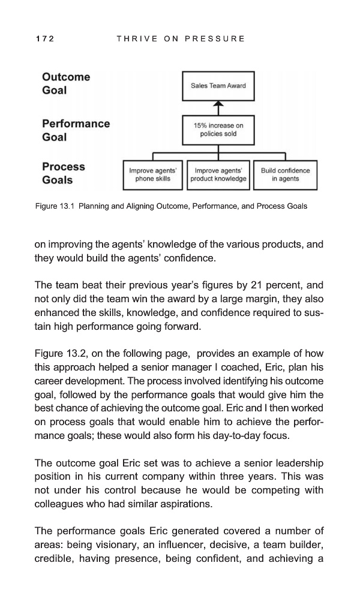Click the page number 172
(45, 39)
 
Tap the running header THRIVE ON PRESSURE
(181, 39)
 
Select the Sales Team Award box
(218, 86)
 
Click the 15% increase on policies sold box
(218, 130)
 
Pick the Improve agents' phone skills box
(152, 174)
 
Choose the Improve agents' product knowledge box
(218, 174)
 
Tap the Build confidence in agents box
(285, 174)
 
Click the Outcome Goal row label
(66, 83)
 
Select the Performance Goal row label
(76, 130)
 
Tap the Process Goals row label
(63, 173)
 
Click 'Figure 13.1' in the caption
(54, 206)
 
